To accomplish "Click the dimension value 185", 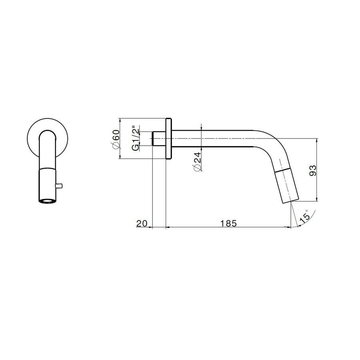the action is pyautogui.click(x=228, y=223).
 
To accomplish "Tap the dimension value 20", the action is pyautogui.click(x=142, y=223).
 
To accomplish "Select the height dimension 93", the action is pyautogui.click(x=313, y=170).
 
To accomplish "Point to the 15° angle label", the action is pyautogui.click(x=305, y=216).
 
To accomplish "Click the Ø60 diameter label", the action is pyautogui.click(x=116, y=139).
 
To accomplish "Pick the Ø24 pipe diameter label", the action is pyautogui.click(x=198, y=162).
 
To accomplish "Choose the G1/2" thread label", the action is pyautogui.click(x=136, y=138).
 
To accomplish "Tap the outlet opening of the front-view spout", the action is pyautogui.click(x=47, y=201).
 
